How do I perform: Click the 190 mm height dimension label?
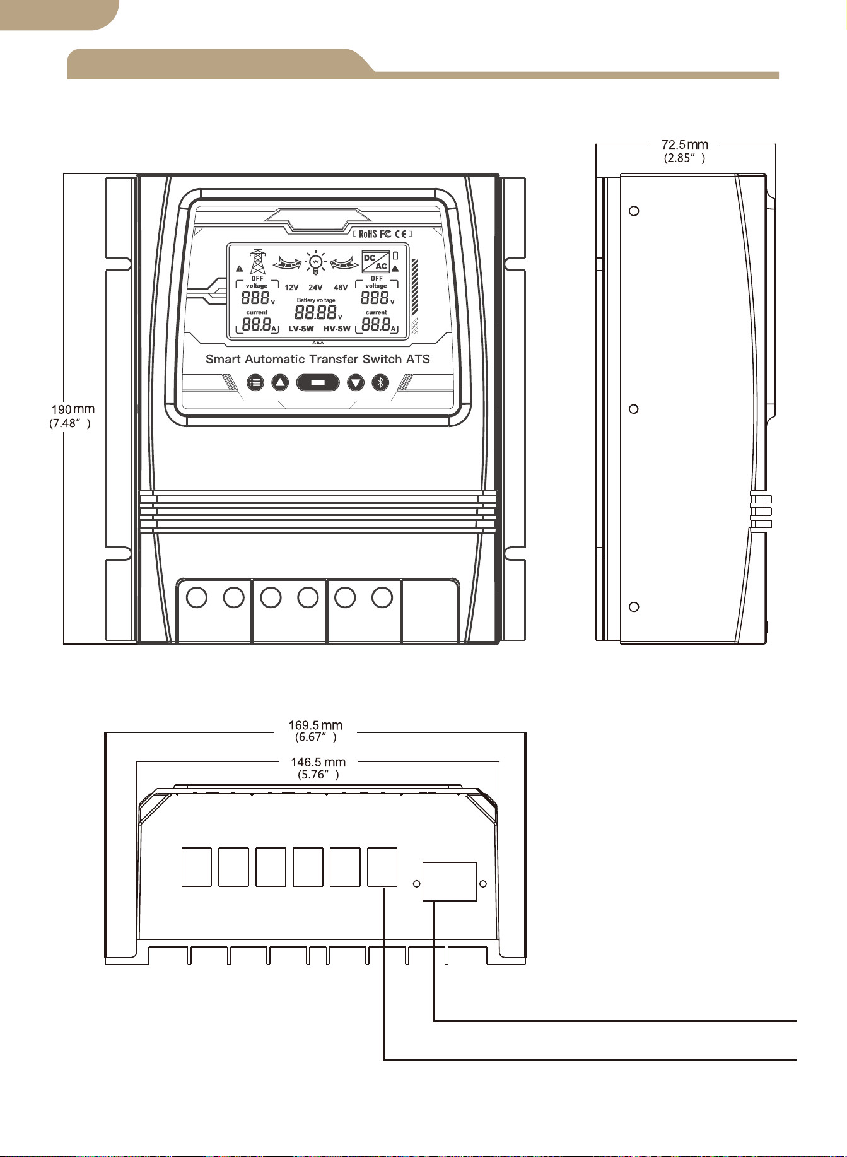coord(72,416)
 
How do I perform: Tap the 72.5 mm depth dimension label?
coord(685,151)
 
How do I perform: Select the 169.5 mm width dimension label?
coord(315,731)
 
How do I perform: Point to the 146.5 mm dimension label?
coord(318,768)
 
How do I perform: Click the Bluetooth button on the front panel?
coord(380,382)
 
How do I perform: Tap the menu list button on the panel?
coord(255,382)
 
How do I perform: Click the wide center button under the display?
coord(318,382)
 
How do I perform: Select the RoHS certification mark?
coord(368,234)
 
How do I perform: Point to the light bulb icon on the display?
coord(315,262)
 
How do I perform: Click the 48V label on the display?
coord(341,288)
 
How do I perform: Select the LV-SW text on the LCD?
coord(301,329)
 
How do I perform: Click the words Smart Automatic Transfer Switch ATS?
coord(318,359)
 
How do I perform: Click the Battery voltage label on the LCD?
coord(316,300)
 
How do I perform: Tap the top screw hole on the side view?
coord(635,211)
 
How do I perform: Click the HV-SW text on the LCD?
coord(337,329)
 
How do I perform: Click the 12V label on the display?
coord(291,288)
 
